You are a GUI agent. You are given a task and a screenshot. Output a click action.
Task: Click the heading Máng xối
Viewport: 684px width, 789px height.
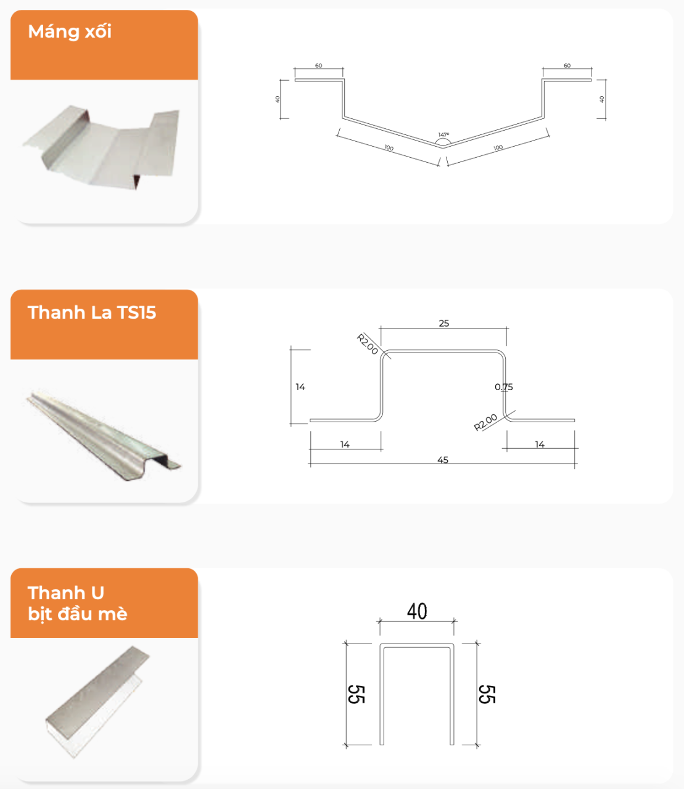[x=70, y=31]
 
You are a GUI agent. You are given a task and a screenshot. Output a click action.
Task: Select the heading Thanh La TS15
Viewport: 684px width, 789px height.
[x=92, y=313]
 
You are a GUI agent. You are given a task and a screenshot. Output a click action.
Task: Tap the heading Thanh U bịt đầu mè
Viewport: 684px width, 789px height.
[x=77, y=603]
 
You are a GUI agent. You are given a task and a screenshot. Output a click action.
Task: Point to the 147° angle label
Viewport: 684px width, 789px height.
[x=444, y=135]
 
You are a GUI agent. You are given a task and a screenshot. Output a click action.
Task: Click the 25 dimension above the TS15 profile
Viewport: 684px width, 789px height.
[x=444, y=324]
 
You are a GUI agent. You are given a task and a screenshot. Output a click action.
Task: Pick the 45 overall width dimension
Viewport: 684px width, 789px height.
[x=443, y=460]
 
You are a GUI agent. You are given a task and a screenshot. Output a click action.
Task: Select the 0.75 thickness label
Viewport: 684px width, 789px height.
[x=504, y=387]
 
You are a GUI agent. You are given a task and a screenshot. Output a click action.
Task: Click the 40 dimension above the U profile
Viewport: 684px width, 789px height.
[x=417, y=611]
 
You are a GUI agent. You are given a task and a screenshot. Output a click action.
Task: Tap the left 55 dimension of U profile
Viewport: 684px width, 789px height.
[x=356, y=694]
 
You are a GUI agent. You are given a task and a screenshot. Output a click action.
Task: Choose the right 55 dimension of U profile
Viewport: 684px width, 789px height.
[x=487, y=694]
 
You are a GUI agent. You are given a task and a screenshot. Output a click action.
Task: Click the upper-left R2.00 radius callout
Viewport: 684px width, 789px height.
[x=368, y=344]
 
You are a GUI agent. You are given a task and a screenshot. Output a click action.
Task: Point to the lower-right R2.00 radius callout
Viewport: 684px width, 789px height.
[x=485, y=423]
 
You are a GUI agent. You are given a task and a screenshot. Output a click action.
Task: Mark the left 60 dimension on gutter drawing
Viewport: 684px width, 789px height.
[x=318, y=66]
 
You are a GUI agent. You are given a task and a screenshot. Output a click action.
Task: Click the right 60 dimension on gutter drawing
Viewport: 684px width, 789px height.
[x=567, y=66]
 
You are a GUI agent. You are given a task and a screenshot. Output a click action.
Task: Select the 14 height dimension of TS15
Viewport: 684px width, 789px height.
[x=300, y=387]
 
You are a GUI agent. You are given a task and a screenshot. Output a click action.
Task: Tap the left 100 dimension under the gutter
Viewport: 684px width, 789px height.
[x=389, y=148]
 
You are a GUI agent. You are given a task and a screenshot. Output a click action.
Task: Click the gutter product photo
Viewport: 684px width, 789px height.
[x=101, y=147]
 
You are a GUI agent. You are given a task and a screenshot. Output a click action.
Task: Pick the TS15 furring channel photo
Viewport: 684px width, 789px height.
[x=104, y=435]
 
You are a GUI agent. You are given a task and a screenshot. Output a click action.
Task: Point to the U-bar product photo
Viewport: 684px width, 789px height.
[x=98, y=701]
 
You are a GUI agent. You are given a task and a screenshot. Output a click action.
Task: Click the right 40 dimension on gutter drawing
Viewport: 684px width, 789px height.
[x=601, y=99]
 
